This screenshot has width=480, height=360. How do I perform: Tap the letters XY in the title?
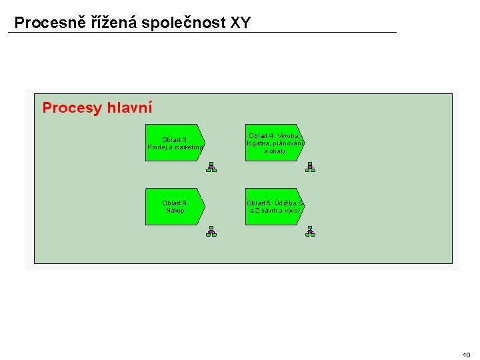(240, 23)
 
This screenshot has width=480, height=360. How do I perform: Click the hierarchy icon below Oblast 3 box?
(211, 167)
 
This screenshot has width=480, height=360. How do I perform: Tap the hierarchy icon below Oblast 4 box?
(310, 167)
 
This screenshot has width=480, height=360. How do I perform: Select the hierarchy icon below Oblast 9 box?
(211, 231)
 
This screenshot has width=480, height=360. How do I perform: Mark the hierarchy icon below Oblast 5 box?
(310, 231)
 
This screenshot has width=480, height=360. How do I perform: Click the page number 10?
(466, 354)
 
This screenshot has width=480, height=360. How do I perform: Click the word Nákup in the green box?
(175, 211)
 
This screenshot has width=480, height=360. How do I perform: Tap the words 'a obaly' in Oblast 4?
(275, 151)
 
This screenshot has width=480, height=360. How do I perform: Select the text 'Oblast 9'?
(175, 203)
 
